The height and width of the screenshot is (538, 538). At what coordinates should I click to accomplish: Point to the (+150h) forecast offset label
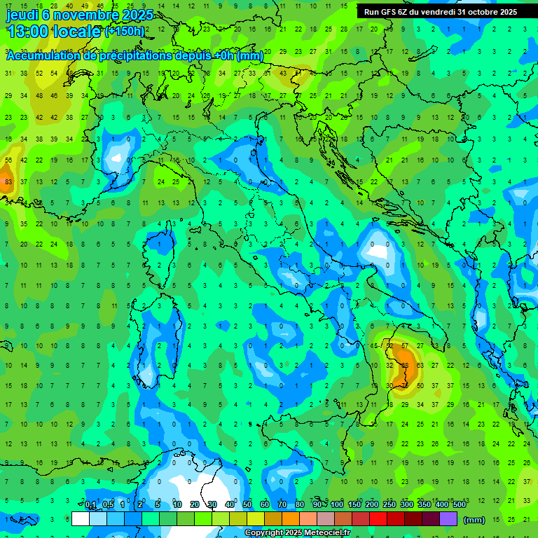125,32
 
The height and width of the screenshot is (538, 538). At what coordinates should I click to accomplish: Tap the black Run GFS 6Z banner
440,12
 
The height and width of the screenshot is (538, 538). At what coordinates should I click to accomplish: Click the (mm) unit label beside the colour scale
474,520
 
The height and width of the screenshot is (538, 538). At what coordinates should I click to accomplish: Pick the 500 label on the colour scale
460,505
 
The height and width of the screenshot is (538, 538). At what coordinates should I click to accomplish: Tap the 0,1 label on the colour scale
90,505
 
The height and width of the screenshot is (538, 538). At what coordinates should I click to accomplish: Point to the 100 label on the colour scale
337,505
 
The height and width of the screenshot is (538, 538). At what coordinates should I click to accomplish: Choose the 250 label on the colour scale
389,505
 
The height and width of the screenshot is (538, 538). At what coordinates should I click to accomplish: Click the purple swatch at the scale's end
448,519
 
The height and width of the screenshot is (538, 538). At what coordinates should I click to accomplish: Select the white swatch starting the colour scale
81,519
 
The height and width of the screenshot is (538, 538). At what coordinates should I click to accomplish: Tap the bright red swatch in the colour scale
378,519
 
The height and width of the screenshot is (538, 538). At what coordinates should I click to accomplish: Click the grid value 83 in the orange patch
8,181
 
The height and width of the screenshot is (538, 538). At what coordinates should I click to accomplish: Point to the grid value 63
420,365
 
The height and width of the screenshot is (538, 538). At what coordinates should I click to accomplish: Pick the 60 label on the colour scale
265,505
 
